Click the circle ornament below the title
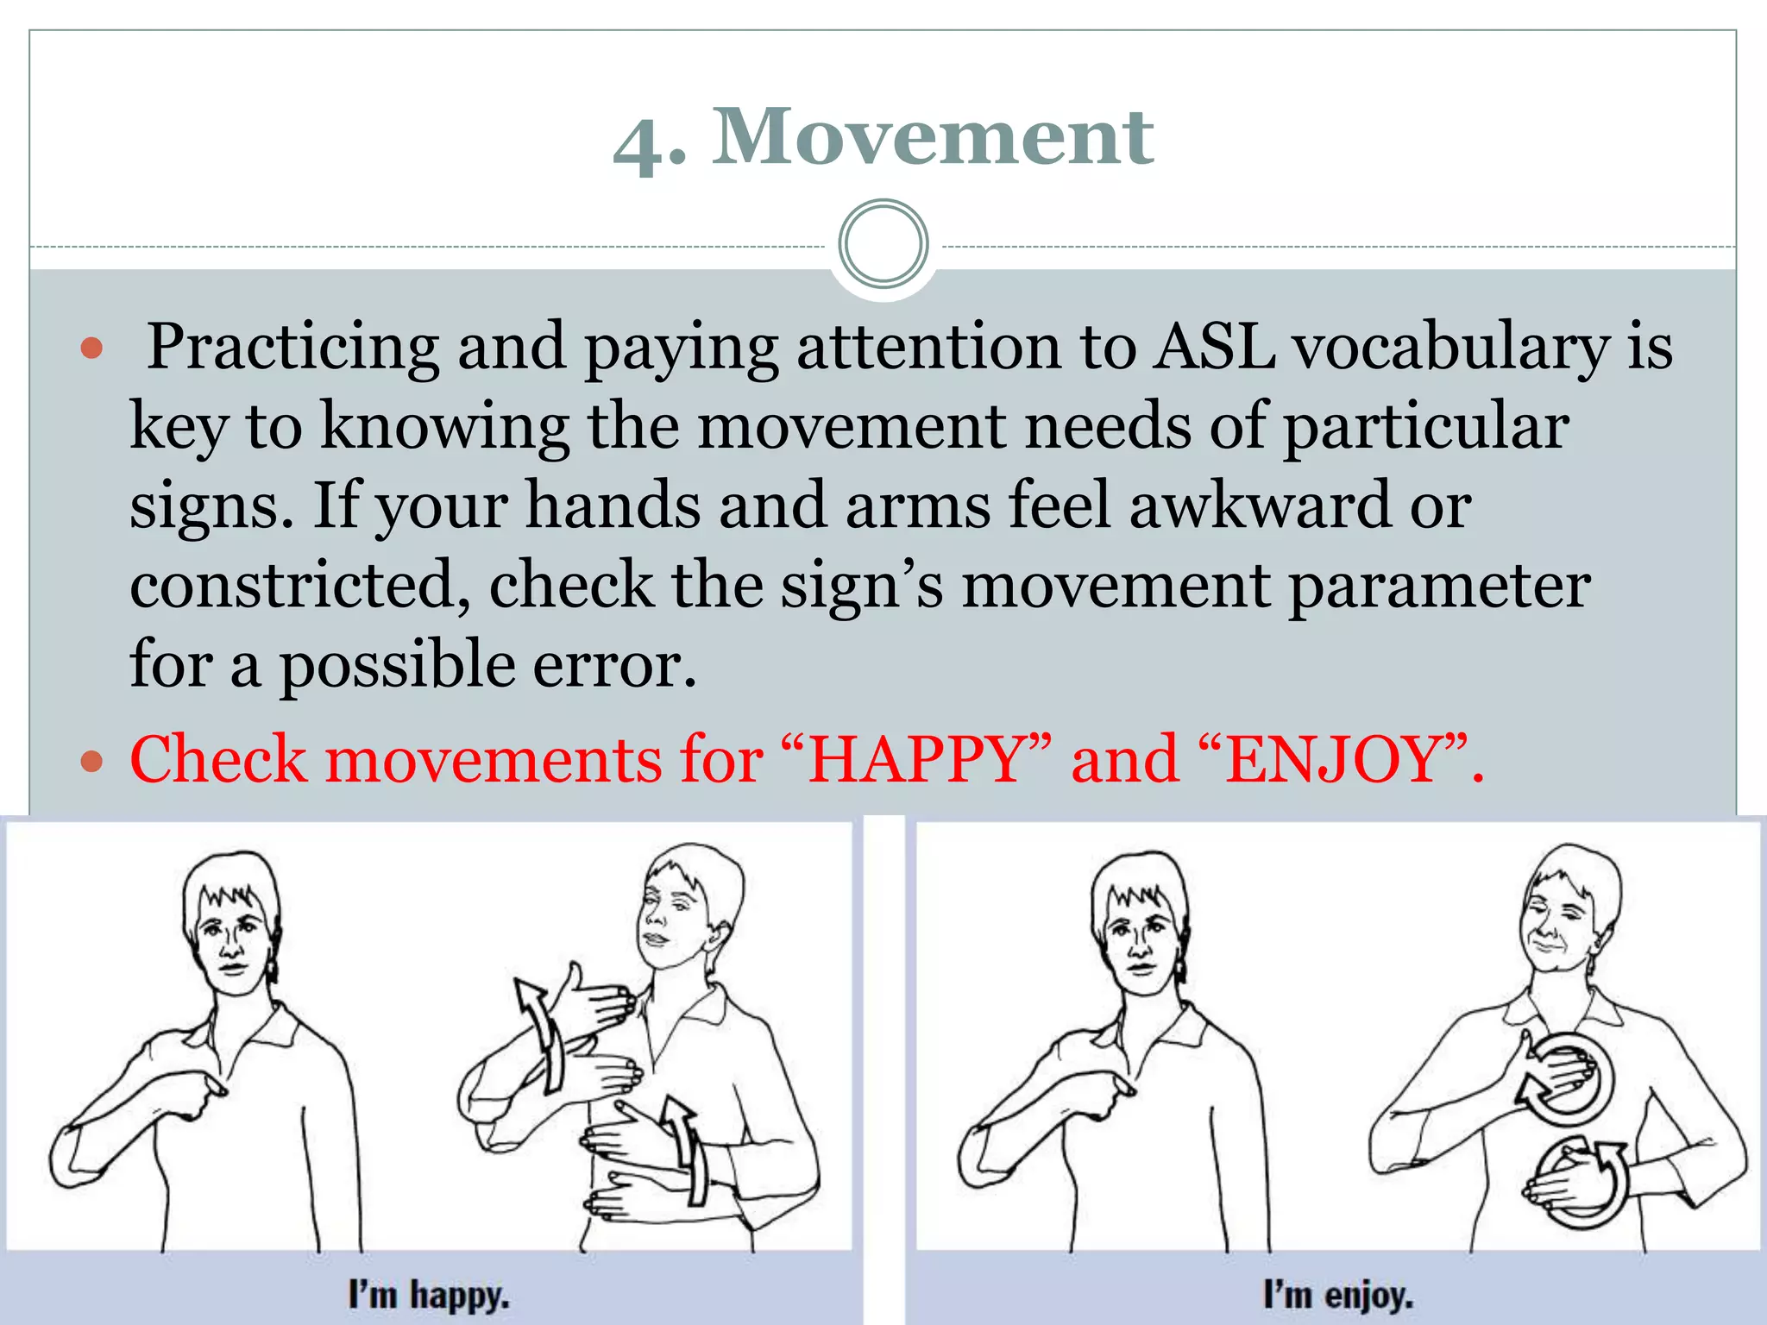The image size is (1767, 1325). [x=883, y=244]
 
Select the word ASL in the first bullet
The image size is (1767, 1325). [x=1215, y=347]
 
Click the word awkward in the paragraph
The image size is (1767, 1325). [x=1261, y=506]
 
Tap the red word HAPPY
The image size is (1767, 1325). [x=915, y=760]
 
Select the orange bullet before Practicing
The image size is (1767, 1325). [x=91, y=349]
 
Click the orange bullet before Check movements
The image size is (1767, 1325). [x=91, y=762]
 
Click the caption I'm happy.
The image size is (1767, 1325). [x=429, y=1296]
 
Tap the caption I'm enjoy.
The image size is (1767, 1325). [x=1338, y=1296]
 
